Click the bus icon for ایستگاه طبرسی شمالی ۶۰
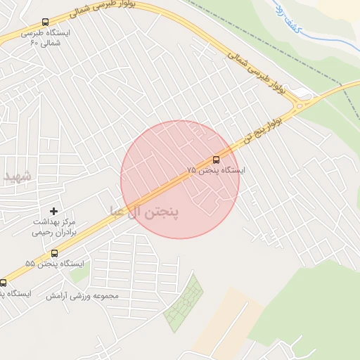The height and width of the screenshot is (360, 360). click(x=46, y=22)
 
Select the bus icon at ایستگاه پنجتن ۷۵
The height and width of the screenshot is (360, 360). click(x=216, y=160)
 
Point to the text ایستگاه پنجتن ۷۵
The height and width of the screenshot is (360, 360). click(x=216, y=171)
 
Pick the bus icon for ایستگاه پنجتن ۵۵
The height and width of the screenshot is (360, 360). click(x=54, y=253)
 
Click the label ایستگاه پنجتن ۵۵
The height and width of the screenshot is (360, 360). click(x=54, y=264)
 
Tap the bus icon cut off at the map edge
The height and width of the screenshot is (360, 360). click(x=3, y=283)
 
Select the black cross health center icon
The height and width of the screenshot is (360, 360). click(x=53, y=211)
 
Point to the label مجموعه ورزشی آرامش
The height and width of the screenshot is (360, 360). click(x=82, y=295)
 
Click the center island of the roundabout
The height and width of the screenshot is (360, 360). click(x=304, y=105)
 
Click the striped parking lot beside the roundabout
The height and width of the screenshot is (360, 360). click(x=302, y=91)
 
